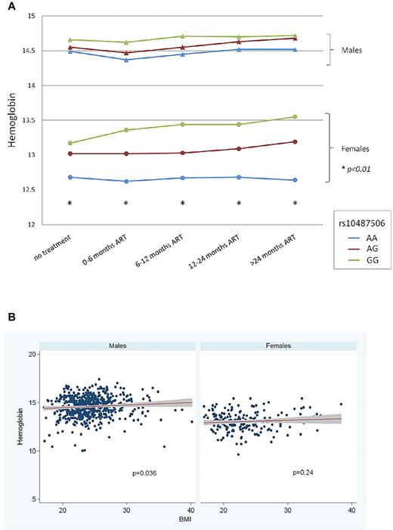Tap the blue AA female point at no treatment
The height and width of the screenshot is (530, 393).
(70, 177)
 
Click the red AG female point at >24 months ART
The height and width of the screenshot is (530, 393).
(295, 141)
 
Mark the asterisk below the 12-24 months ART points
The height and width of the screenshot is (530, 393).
(239, 203)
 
